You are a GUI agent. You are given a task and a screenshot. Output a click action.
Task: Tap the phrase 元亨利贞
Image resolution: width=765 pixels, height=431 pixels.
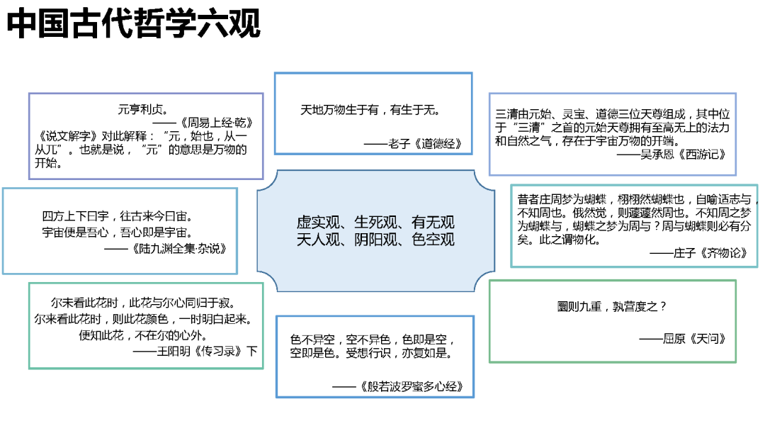click(142, 109)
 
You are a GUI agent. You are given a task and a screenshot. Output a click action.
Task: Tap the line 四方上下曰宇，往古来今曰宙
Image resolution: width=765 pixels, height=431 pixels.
click(118, 216)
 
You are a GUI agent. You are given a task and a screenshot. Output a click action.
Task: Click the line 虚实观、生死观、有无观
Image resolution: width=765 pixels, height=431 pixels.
click(375, 222)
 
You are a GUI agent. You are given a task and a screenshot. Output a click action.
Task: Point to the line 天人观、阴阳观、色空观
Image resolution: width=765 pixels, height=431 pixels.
click(375, 239)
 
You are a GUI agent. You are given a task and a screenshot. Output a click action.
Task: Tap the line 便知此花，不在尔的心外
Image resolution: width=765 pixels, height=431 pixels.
click(144, 335)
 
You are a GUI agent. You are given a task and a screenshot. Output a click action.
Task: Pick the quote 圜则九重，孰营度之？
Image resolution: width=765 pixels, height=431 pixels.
click(613, 307)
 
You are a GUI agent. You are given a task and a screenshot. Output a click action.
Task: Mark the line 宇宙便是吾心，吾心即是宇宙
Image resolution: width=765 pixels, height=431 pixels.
click(118, 232)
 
